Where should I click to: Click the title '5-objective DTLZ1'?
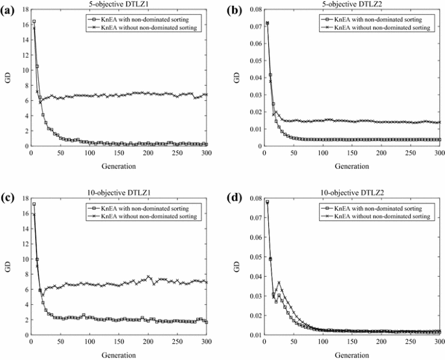pos(113,4)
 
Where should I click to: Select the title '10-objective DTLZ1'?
pos(113,183)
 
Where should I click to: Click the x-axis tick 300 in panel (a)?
pos(207,153)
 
